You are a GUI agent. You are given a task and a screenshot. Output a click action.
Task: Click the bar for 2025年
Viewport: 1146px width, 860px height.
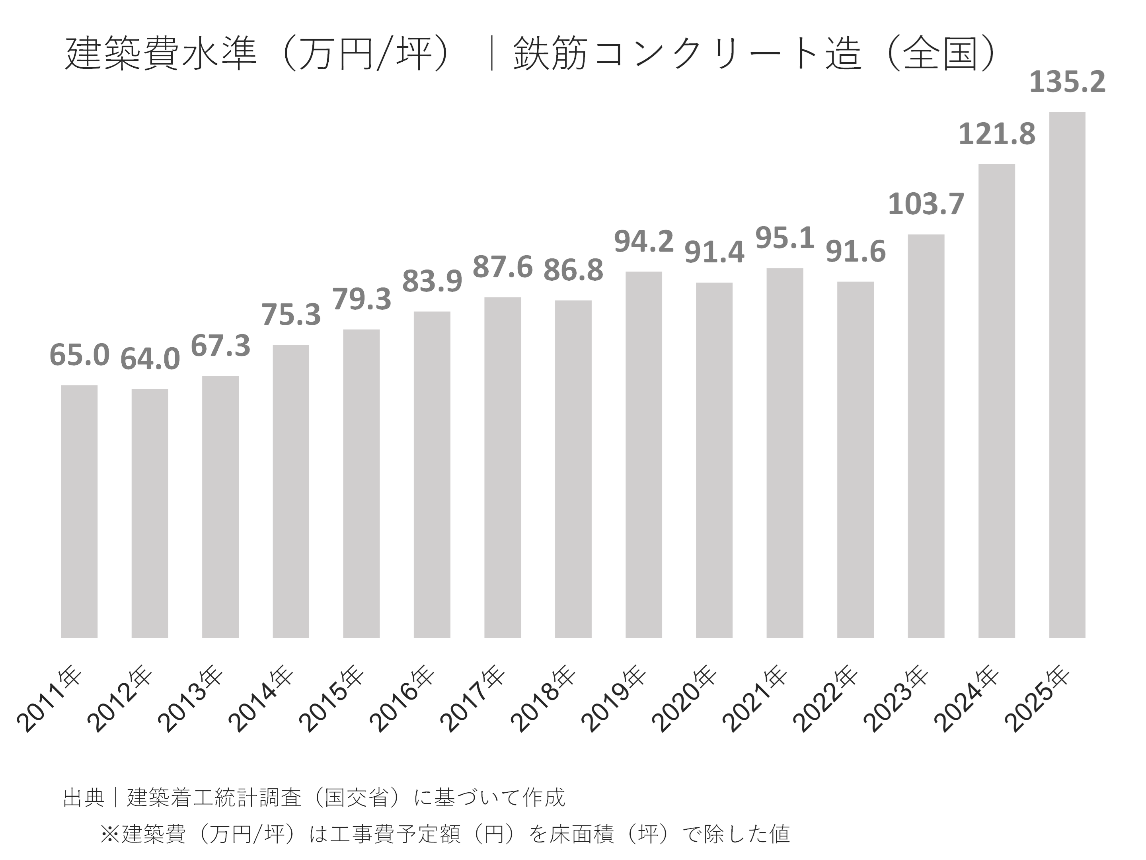pyautogui.click(x=1067, y=374)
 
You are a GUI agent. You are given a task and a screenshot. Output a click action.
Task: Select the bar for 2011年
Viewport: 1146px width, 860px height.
pyautogui.click(x=79, y=511)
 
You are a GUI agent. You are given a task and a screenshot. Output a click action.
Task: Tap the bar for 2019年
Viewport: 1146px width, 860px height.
pyautogui.click(x=643, y=454)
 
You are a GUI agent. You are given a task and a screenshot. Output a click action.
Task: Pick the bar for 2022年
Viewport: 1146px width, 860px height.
pyautogui.click(x=856, y=459)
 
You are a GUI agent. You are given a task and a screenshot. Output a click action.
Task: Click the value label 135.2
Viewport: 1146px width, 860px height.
pyautogui.click(x=1067, y=82)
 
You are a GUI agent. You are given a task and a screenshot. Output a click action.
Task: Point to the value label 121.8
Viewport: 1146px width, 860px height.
pyautogui.click(x=996, y=134)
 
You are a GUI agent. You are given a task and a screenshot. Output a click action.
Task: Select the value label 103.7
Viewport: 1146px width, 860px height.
pyautogui.click(x=926, y=204)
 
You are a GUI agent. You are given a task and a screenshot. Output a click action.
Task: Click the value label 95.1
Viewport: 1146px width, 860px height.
pyautogui.click(x=784, y=238)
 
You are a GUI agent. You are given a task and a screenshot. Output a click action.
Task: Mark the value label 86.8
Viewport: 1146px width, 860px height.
pyautogui.click(x=573, y=270)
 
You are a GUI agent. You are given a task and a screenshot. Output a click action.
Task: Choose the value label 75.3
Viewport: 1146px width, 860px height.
pyautogui.click(x=290, y=315)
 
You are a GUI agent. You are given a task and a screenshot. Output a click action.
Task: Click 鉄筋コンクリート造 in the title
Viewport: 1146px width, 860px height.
pyautogui.click(x=688, y=53)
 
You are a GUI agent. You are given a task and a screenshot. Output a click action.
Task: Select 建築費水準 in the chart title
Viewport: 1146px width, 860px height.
pyautogui.click(x=161, y=53)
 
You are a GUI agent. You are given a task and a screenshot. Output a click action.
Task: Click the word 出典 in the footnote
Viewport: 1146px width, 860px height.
pyautogui.click(x=84, y=797)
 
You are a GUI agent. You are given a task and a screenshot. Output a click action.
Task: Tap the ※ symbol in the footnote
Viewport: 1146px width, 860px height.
pyautogui.click(x=110, y=834)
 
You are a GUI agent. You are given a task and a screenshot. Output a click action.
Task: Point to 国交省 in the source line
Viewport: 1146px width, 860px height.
pyautogui.click(x=357, y=797)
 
